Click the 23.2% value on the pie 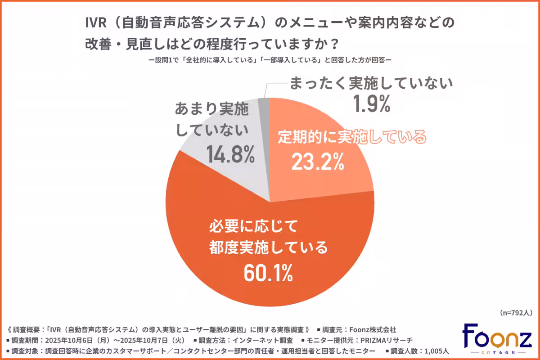(x=318, y=162)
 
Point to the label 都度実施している (x=268, y=247)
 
